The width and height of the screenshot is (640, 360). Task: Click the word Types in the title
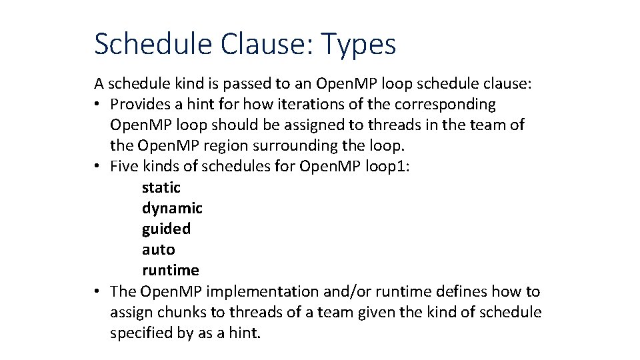click(x=359, y=45)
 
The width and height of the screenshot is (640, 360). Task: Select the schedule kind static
click(x=161, y=188)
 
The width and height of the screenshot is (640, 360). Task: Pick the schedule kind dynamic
click(x=172, y=209)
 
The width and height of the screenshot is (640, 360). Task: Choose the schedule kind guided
click(x=166, y=229)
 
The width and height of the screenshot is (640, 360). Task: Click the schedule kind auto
click(x=158, y=250)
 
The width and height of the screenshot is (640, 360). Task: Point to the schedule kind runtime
click(x=170, y=271)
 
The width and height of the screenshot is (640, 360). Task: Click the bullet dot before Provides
click(x=97, y=105)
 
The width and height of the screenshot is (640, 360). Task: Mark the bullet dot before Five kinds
click(x=97, y=167)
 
